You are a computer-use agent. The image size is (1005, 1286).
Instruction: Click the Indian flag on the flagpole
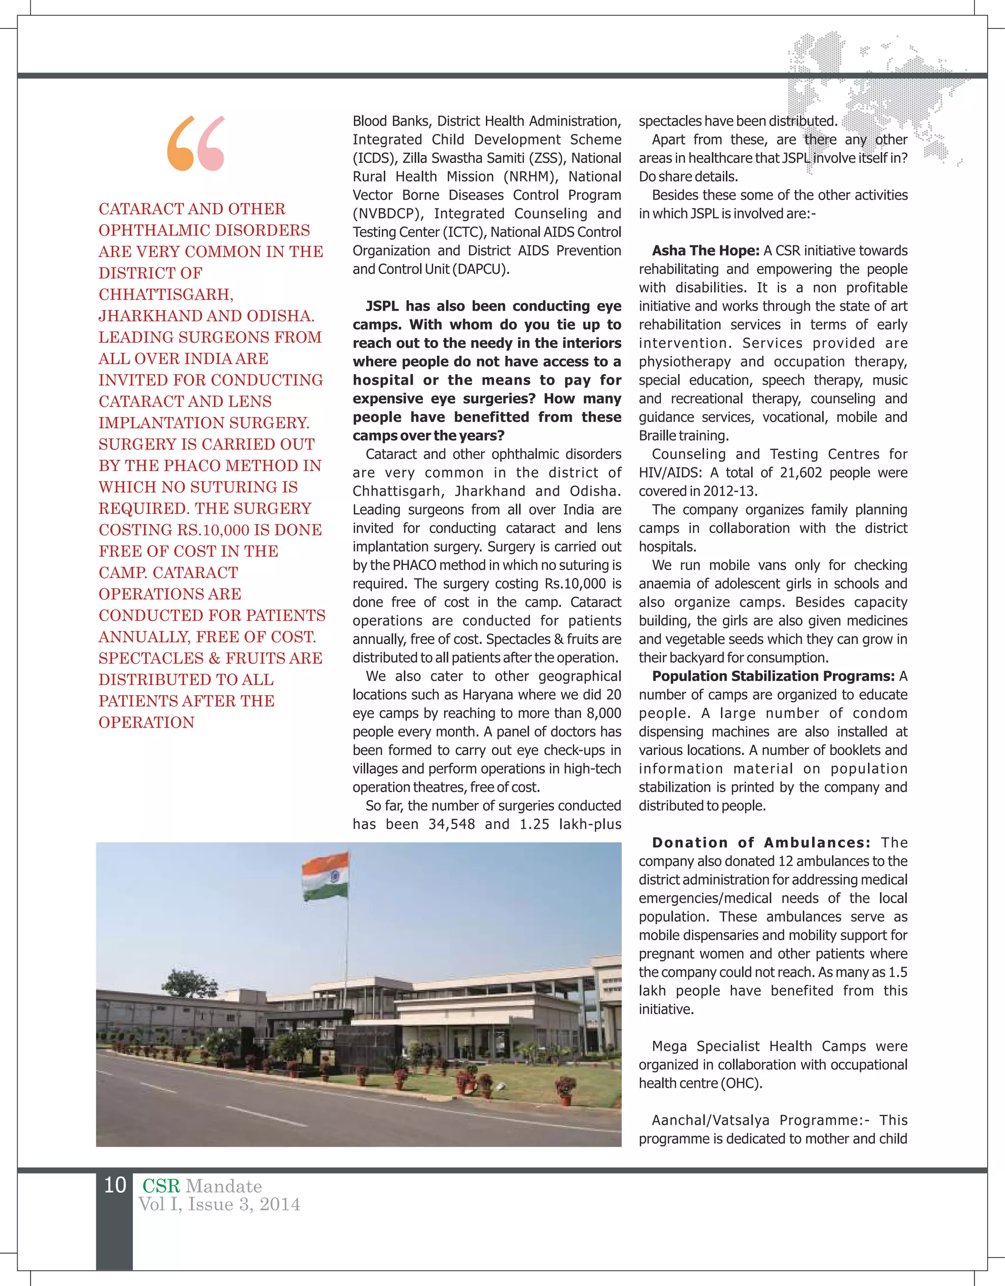click(x=325, y=877)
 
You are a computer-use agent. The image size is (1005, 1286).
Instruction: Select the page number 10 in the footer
click(x=115, y=1185)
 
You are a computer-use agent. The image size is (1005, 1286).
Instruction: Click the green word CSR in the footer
click(x=161, y=1186)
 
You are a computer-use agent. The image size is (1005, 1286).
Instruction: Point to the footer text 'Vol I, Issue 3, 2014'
click(x=219, y=1205)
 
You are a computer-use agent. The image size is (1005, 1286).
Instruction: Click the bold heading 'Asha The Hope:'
click(x=705, y=251)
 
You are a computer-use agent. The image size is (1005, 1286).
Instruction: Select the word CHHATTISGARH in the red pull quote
click(x=166, y=294)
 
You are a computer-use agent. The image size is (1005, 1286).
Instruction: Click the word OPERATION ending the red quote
click(x=147, y=723)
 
